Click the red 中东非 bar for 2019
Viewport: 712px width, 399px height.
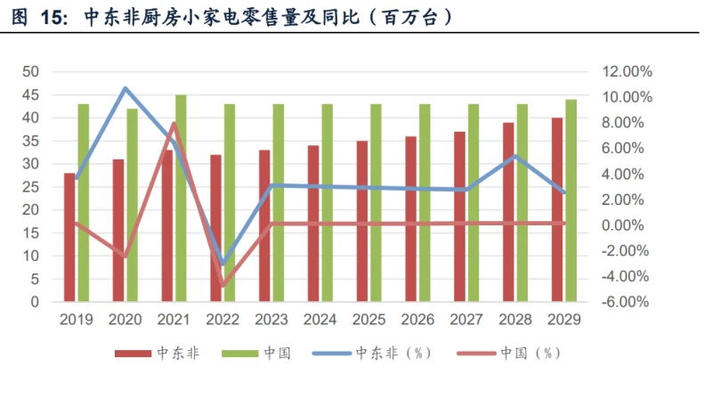pos(69,237)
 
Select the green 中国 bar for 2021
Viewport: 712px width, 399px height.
pos(181,198)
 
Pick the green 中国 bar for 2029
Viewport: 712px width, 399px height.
pos(570,200)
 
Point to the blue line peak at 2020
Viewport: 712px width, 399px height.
pos(125,87)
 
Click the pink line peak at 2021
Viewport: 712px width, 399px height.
pos(174,124)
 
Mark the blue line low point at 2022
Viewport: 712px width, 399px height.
pos(222,265)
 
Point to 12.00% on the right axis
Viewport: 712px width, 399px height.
pos(627,71)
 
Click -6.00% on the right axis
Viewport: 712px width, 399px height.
pos(627,302)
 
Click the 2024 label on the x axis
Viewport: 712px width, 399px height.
pos(320,319)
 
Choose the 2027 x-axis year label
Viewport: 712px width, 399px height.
pos(466,319)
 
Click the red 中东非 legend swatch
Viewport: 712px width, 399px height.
pos(133,354)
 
